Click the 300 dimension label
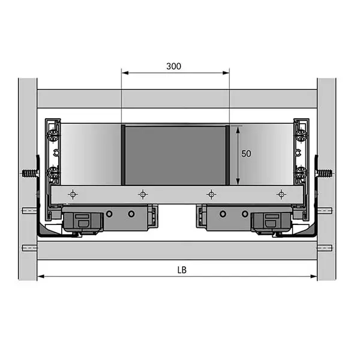[x=174, y=66]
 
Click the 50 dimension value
[x=246, y=154]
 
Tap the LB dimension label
[x=182, y=270]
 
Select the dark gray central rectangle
[x=175, y=155]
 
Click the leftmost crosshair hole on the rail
[x=73, y=194]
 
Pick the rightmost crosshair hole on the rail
[x=281, y=194]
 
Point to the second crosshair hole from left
[x=143, y=194]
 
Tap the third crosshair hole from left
[x=211, y=194]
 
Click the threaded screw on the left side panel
[x=31, y=173]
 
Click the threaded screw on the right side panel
[x=324, y=173]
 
